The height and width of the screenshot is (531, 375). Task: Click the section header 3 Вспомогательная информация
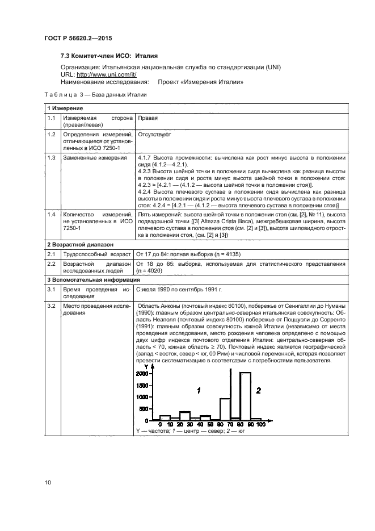pos(91,280)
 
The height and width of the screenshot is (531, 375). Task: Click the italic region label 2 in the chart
pos(258,390)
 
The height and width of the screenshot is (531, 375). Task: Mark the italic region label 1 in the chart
pos(198,390)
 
